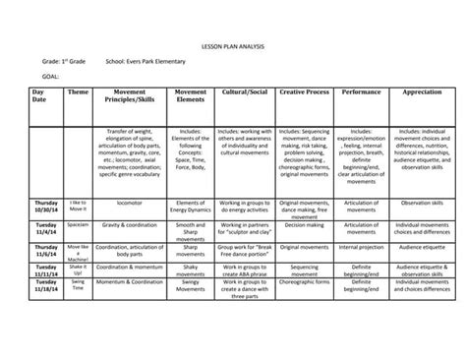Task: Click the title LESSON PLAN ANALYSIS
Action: point(232,45)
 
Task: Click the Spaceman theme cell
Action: point(78,224)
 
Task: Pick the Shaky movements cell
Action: point(190,270)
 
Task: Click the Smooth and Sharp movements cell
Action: point(190,228)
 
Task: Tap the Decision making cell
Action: point(302,224)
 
